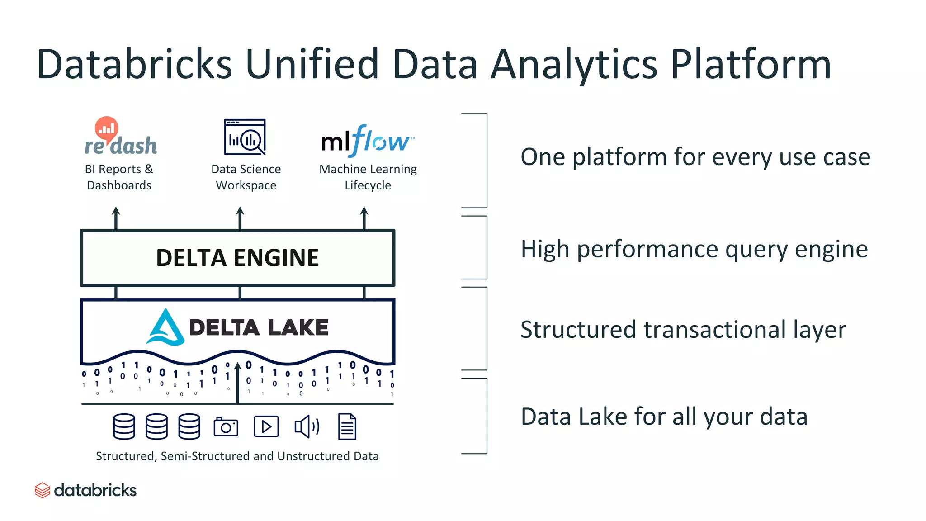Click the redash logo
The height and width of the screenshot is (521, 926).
pyautogui.click(x=120, y=138)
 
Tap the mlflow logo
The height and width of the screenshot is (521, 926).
pyautogui.click(x=367, y=141)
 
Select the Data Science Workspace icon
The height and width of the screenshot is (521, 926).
pyautogui.click(x=245, y=137)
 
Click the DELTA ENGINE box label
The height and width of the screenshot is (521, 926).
pyautogui.click(x=237, y=258)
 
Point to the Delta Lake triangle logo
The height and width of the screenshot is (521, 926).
pyautogui.click(x=165, y=328)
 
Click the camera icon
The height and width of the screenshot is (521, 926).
pyautogui.click(x=226, y=426)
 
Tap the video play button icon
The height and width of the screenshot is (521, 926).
pyautogui.click(x=266, y=426)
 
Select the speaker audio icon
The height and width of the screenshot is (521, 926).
pyautogui.click(x=307, y=426)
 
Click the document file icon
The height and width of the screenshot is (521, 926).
pyautogui.click(x=347, y=426)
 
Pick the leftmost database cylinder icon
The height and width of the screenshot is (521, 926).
pyautogui.click(x=124, y=426)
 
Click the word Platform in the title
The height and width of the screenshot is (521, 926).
pyautogui.click(x=751, y=64)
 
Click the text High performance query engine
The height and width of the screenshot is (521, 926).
pyautogui.click(x=694, y=249)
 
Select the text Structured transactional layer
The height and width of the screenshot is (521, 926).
pyautogui.click(x=683, y=330)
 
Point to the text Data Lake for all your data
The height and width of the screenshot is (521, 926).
pyautogui.click(x=664, y=417)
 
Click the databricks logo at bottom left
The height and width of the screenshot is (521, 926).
pyautogui.click(x=86, y=490)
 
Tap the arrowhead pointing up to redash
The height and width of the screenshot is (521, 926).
pyautogui.click(x=116, y=211)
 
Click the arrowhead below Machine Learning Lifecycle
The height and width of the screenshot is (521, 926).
pyautogui.click(x=364, y=211)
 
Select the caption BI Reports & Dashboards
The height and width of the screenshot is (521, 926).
pyautogui.click(x=119, y=177)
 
